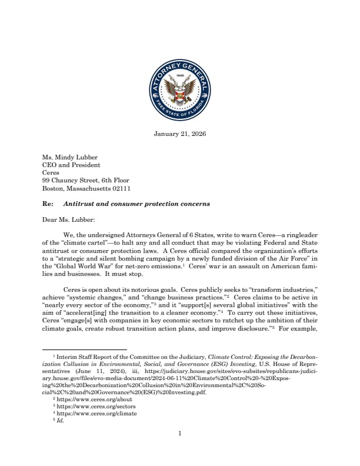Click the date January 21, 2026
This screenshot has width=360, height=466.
pyautogui.click(x=180, y=134)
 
